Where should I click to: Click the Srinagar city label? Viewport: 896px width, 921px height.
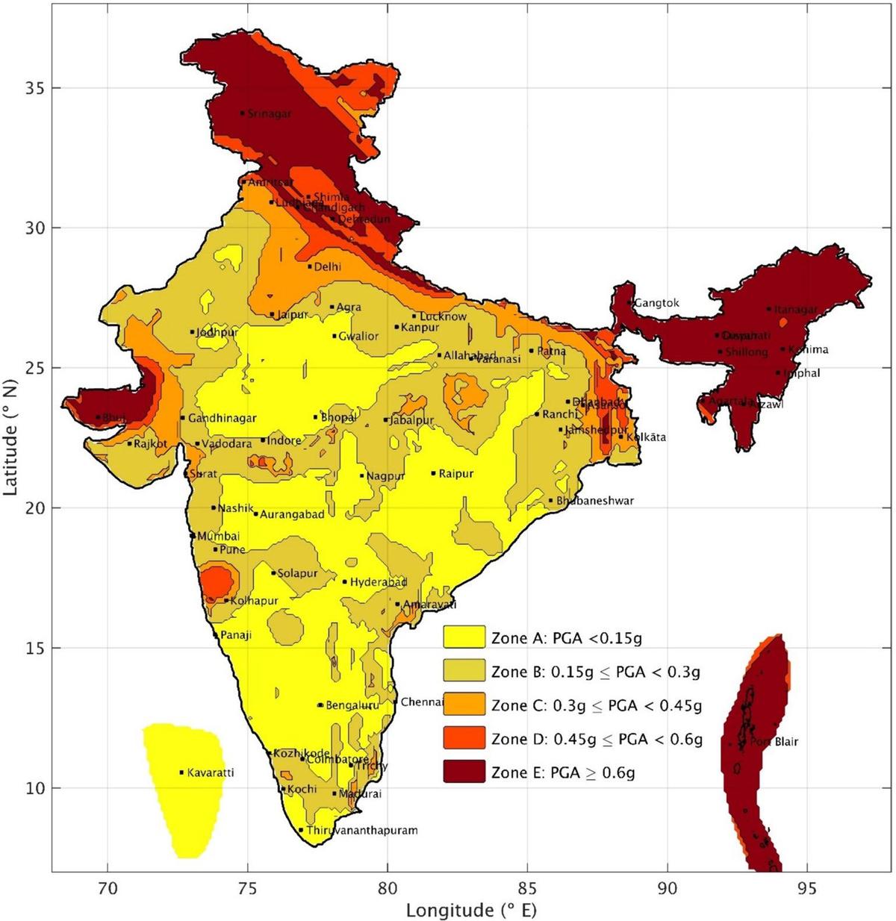tap(270, 114)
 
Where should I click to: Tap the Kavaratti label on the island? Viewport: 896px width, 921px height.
tap(210, 772)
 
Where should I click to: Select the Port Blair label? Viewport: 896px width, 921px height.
tap(774, 742)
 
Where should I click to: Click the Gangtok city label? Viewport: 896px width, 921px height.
tap(657, 303)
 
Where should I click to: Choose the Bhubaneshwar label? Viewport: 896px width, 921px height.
tap(595, 501)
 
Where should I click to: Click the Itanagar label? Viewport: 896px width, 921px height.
tap(796, 309)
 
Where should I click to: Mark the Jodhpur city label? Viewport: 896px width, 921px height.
tap(217, 333)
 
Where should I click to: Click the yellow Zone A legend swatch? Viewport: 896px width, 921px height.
tap(464, 638)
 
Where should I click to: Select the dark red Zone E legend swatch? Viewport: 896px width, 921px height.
tap(464, 772)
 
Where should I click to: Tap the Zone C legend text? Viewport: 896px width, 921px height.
tap(597, 705)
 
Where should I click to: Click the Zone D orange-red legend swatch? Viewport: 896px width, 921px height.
tap(464, 739)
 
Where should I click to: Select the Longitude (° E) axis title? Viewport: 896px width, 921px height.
tap(471, 910)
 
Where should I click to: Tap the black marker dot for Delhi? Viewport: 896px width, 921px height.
tap(309, 266)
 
